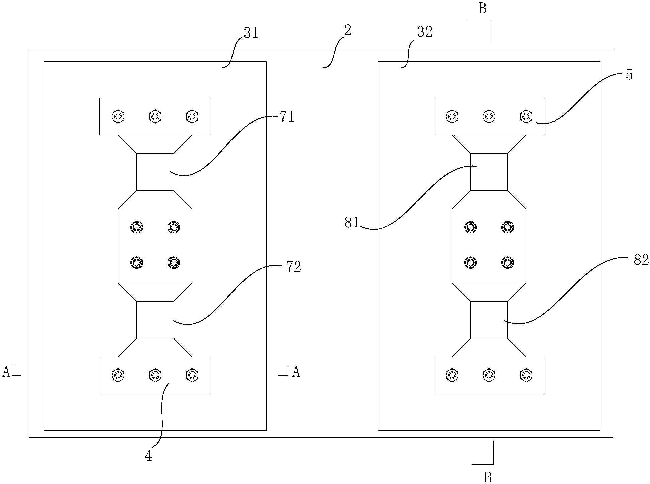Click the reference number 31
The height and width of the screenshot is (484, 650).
(x=251, y=33)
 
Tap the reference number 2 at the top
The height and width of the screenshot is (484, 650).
(x=348, y=31)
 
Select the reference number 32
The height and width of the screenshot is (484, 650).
(x=425, y=32)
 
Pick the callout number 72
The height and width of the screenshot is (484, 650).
(x=294, y=267)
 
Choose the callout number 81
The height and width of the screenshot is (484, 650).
(x=352, y=223)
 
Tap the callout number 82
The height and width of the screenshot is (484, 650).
(x=641, y=260)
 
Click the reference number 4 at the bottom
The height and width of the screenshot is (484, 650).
(x=148, y=456)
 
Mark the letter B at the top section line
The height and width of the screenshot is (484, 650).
(x=482, y=9)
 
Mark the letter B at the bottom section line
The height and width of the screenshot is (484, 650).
(x=488, y=478)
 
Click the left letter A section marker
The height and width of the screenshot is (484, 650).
(x=6, y=372)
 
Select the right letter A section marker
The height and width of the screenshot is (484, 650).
(x=296, y=372)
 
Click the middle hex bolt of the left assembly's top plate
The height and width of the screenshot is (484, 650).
(x=155, y=116)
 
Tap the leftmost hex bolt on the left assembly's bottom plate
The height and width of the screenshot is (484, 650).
(x=118, y=375)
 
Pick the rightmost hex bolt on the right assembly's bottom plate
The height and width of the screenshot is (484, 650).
(x=526, y=375)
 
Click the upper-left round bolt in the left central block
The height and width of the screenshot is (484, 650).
(x=136, y=227)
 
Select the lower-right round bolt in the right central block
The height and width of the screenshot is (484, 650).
(x=508, y=262)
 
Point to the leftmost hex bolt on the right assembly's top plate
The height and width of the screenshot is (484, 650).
(x=452, y=116)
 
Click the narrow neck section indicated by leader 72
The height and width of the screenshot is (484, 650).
(x=155, y=320)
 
